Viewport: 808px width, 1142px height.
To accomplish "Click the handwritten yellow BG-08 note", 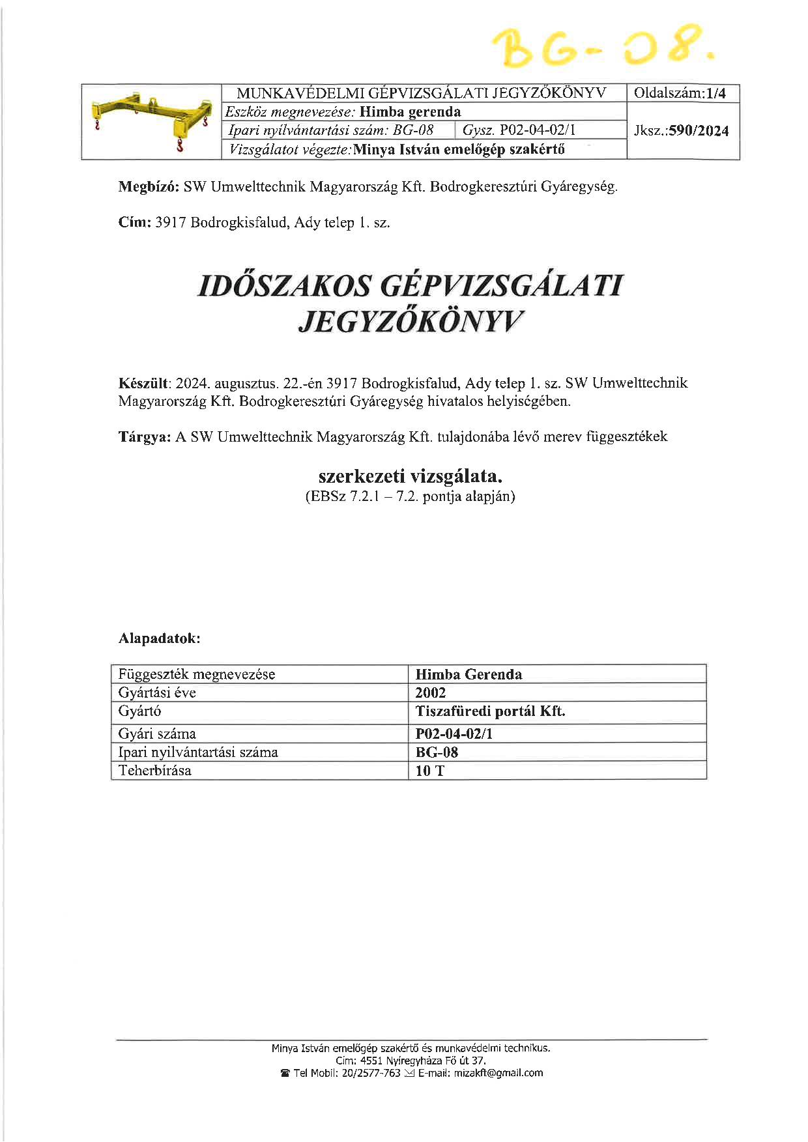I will pyautogui.click(x=603, y=46).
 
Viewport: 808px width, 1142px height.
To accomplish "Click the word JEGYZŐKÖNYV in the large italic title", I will pyautogui.click(x=411, y=321).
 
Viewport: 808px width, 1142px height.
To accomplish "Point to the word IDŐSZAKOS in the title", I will pyautogui.click(x=285, y=287).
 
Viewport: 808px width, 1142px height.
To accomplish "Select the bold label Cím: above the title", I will pyautogui.click(x=135, y=222).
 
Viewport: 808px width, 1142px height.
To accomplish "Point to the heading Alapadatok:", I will pyautogui.click(x=159, y=638).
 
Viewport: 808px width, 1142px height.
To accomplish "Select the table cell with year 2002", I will pyautogui.click(x=431, y=692).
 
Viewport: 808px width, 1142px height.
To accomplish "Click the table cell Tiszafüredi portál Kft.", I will pyautogui.click(x=490, y=711).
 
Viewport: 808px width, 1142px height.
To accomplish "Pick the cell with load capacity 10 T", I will pyautogui.click(x=429, y=771).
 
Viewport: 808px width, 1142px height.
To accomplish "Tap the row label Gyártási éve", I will pyautogui.click(x=157, y=692).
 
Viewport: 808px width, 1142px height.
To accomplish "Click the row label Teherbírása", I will pyautogui.click(x=155, y=771).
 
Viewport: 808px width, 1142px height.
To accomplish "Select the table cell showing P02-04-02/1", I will pyautogui.click(x=454, y=734).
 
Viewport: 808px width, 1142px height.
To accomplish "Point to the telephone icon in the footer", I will pyautogui.click(x=285, y=1074).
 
